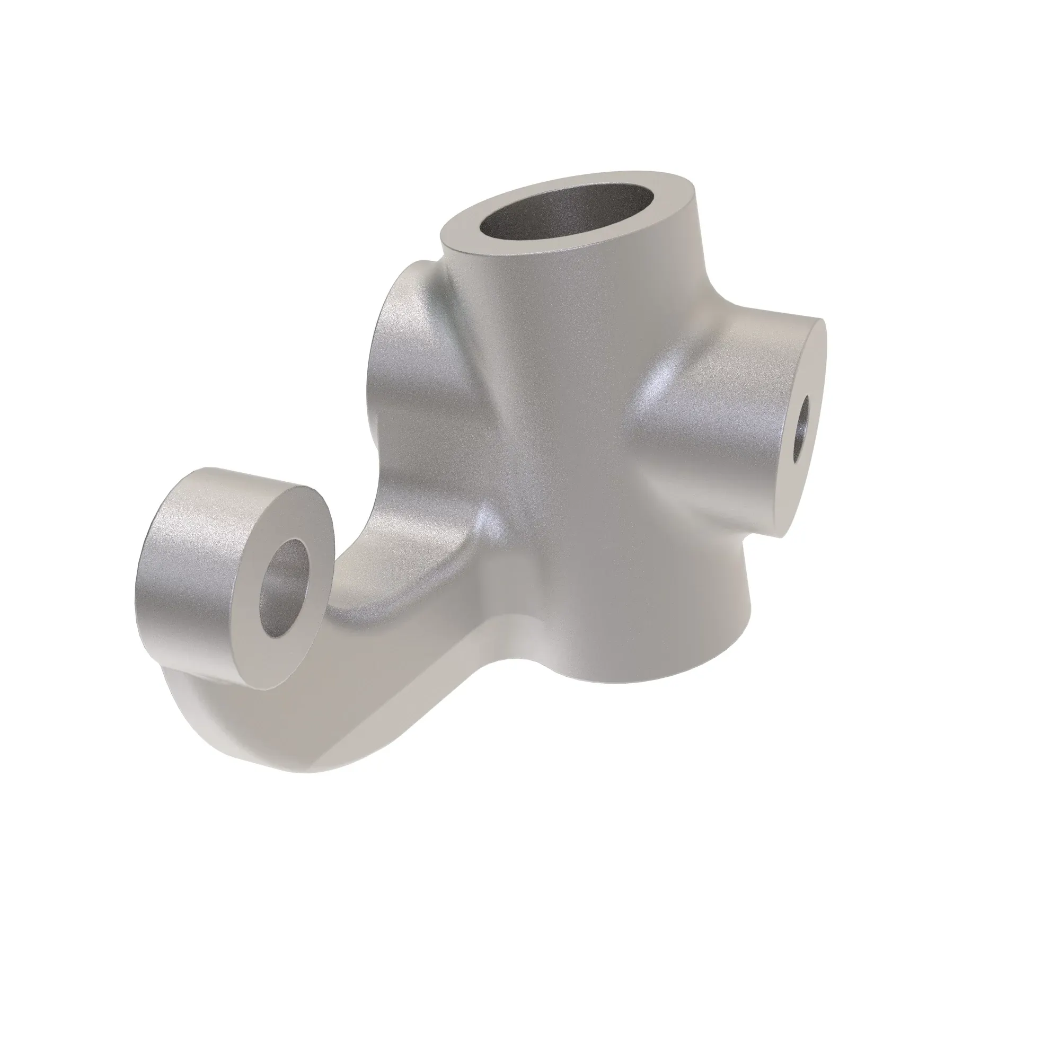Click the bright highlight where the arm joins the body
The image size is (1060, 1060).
[x=488, y=521]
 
